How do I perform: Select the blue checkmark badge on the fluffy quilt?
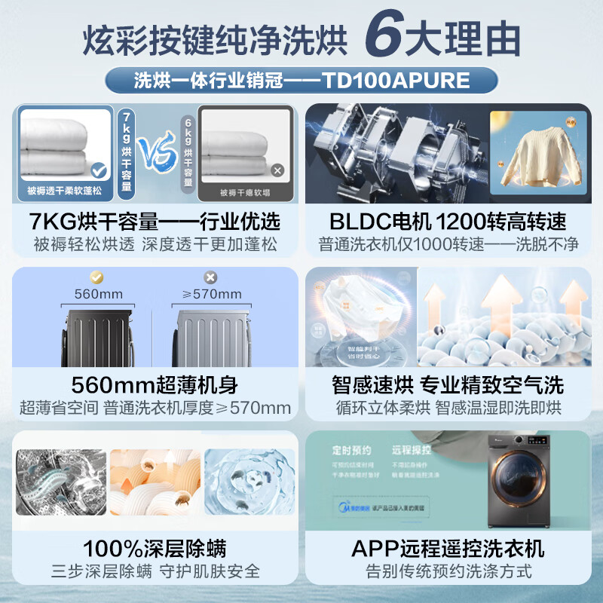[98, 170]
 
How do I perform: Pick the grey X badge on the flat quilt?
[277, 171]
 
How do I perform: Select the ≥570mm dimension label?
[212, 293]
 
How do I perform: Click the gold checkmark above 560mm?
[95, 277]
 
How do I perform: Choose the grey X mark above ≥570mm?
[210, 277]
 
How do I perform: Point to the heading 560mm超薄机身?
[155, 384]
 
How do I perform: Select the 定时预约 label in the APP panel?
[351, 451]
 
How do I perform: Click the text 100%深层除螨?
[155, 548]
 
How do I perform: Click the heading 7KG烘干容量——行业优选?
[155, 222]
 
